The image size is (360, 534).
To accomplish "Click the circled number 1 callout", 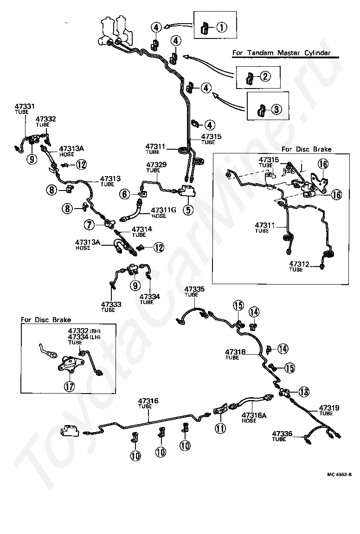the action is [x=221, y=27].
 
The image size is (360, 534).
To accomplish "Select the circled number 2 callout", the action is [x=265, y=76].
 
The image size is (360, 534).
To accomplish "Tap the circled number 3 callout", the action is [x=276, y=109].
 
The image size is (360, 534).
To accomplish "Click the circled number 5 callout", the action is [x=188, y=210].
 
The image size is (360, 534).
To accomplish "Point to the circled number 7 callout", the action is [x=90, y=224].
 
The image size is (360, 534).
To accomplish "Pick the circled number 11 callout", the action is [x=220, y=427].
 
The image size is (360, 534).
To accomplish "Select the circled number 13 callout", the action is [x=304, y=392].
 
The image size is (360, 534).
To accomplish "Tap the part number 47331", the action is [x=25, y=107].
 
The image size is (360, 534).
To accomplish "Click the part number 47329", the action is [x=156, y=165].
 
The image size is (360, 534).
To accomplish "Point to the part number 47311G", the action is [x=164, y=210].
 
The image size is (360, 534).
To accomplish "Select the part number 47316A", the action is [x=254, y=415].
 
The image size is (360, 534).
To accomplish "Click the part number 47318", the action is [x=235, y=352].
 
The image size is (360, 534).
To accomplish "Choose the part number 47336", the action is [x=282, y=433].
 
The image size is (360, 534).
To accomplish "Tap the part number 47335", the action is [x=195, y=289].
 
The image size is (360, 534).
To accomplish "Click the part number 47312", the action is [x=299, y=264].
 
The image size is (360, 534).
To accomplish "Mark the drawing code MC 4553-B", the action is [x=339, y=475].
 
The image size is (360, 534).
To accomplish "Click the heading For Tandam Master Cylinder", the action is [x=281, y=53].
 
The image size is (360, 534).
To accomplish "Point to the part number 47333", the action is [x=111, y=304].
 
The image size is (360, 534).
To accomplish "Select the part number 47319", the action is [x=329, y=407].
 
